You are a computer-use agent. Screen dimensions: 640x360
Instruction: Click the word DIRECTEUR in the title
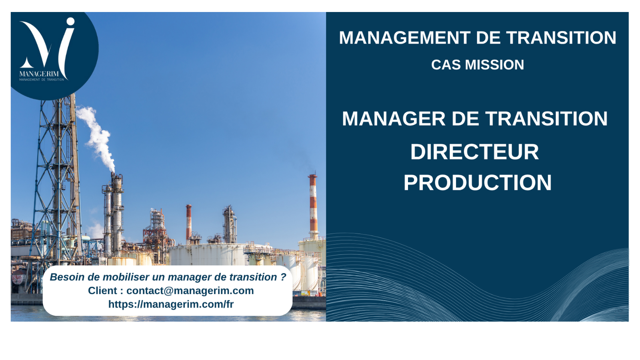pos(474,152)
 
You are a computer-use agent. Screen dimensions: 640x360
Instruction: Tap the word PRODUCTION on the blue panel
pos(478,182)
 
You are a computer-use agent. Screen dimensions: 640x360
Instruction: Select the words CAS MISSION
pos(478,65)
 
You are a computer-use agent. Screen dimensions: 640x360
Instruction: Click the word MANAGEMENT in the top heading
pos(404,38)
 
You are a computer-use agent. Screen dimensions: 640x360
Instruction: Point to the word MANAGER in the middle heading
pos(394,118)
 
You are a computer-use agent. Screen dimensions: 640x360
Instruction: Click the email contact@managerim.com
pos(190,290)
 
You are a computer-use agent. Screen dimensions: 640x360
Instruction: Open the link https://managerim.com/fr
pos(171,304)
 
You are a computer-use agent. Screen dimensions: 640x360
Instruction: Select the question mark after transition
pos(283,277)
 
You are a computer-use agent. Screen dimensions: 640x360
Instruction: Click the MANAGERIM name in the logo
pos(39,74)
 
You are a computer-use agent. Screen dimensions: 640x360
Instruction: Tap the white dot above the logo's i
pos(70,22)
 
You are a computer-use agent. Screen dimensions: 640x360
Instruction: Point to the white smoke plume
pos(96,137)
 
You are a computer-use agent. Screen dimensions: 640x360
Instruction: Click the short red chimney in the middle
pos(188,222)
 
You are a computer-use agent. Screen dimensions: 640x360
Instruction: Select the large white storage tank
pos(208,254)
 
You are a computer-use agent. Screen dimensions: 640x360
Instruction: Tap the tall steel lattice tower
pos(57,180)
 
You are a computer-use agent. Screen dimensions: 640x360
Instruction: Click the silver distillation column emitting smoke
pos(117,214)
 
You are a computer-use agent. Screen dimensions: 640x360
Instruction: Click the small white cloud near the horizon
pos(96,231)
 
